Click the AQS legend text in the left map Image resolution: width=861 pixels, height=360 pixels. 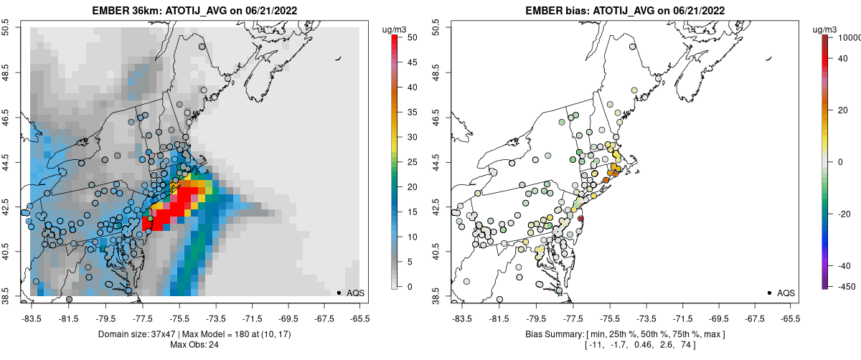(356, 293)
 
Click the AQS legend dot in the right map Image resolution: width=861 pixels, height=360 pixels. (769, 293)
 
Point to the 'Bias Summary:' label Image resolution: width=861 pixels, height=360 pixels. (551, 334)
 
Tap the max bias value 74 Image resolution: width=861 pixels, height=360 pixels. (683, 345)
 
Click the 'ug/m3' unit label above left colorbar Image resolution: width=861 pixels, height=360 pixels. (396, 29)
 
